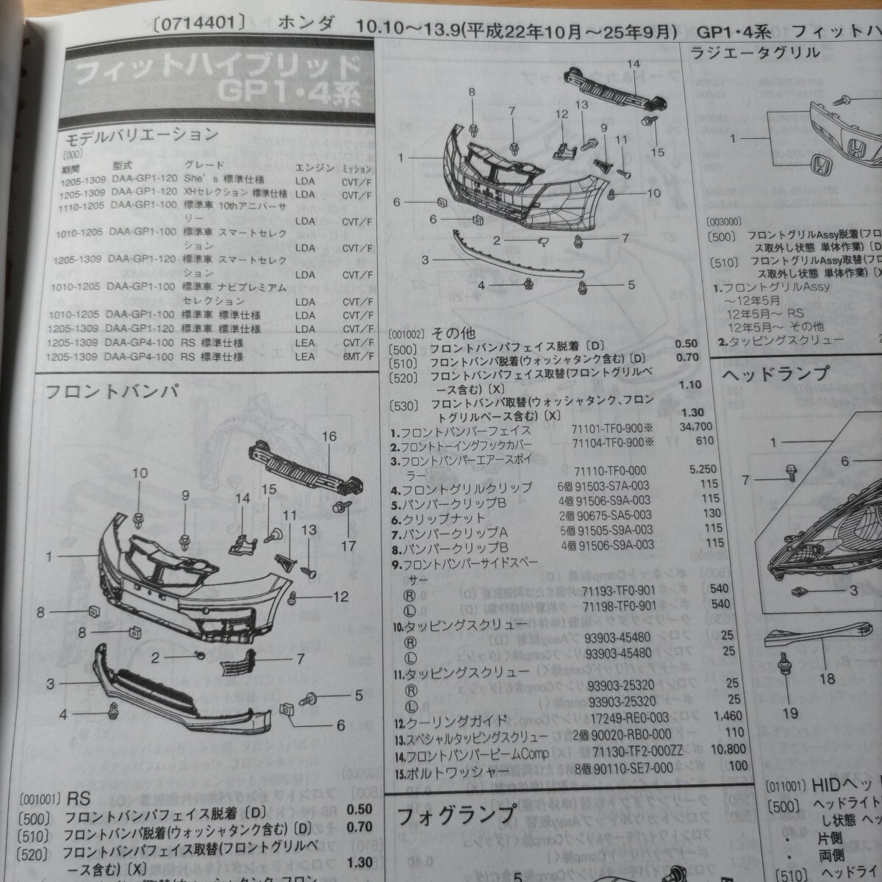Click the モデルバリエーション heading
click(141, 135)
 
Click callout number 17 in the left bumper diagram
click(348, 546)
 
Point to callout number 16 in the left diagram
click(329, 437)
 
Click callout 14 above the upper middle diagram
click(633, 65)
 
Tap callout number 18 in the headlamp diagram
click(827, 678)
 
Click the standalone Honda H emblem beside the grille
click(820, 165)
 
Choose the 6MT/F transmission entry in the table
click(357, 357)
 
